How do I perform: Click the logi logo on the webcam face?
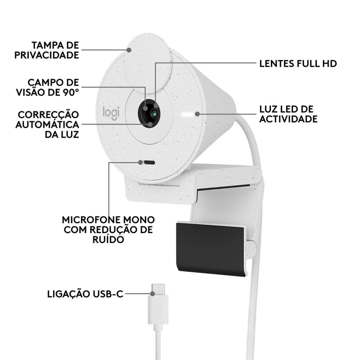(111, 113)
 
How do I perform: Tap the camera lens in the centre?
(154, 113)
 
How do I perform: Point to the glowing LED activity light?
(187, 114)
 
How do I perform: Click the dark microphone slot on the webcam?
(149, 162)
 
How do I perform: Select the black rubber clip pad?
(211, 249)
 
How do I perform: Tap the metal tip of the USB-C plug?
(158, 290)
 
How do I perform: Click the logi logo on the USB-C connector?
(158, 310)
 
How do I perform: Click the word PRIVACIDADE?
(47, 55)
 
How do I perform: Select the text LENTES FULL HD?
(298, 63)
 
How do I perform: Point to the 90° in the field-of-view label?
(71, 92)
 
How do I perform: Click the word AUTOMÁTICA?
(47, 125)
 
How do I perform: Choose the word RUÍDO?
(108, 239)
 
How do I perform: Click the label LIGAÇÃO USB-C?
(85, 294)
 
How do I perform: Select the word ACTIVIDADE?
(288, 119)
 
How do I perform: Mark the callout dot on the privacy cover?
(129, 50)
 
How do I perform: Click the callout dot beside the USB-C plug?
(153, 293)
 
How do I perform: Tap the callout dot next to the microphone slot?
(140, 162)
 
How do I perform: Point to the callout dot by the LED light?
(197, 114)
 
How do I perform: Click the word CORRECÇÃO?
(49, 115)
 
